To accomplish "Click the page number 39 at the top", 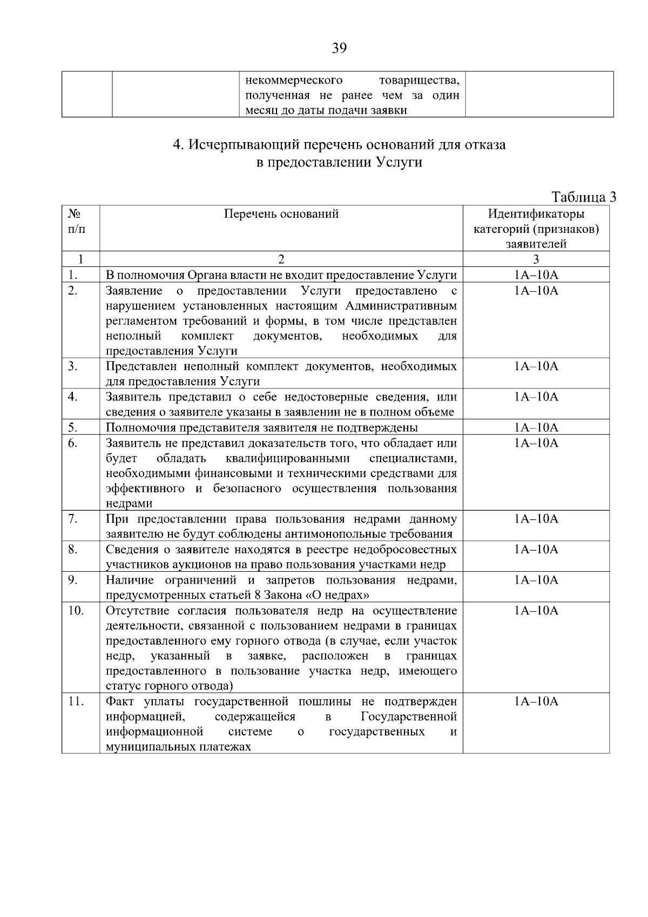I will (x=339, y=49).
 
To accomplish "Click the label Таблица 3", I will (x=584, y=197).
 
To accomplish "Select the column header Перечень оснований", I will (x=281, y=214).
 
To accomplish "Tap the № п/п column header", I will (x=76, y=221).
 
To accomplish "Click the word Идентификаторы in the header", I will (x=536, y=214).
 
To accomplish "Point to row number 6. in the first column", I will (x=73, y=443).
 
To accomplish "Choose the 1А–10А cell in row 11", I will (x=536, y=701).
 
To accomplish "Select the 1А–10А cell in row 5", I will (x=536, y=428).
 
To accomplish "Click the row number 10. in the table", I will (x=76, y=611).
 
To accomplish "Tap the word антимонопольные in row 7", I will (x=334, y=534).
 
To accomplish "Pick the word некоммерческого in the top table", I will (x=294, y=81).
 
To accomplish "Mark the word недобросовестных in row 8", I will (x=404, y=550).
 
